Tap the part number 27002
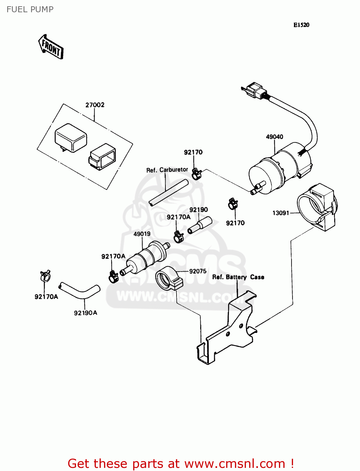point(95,105)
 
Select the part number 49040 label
point(275,137)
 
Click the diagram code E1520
point(301,25)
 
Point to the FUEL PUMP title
point(30,9)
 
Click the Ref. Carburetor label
point(167,170)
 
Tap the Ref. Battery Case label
point(238,277)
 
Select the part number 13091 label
point(281,213)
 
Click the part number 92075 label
point(198,271)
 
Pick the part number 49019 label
point(142,234)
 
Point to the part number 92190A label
point(85,313)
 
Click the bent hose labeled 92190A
point(80,291)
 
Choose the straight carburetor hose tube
point(169,192)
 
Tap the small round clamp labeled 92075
point(168,279)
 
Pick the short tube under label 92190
point(200,225)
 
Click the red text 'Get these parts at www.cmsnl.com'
point(181,463)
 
